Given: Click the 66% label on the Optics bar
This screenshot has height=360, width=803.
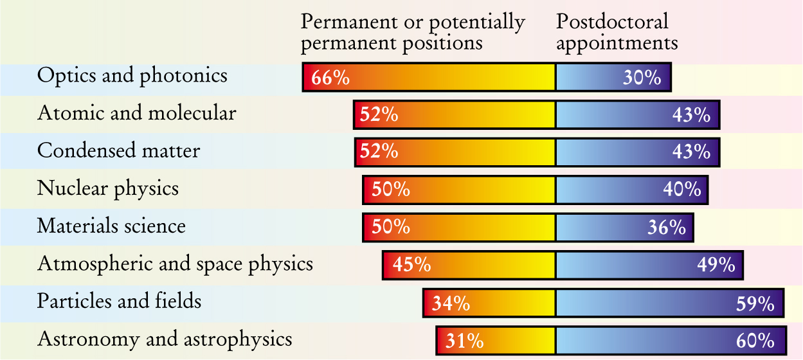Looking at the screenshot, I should click(330, 78).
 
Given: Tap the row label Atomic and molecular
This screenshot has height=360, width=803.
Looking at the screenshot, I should click(137, 114).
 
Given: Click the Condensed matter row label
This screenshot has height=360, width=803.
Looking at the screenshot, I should click(119, 151).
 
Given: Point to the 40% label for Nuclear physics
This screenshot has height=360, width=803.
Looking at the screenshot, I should click(683, 190).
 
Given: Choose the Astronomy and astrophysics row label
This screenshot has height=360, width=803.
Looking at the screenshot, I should click(165, 339).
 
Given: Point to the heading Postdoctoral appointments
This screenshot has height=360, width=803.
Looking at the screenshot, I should click(617, 32).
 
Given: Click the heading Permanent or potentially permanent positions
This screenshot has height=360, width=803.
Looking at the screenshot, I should click(413, 32).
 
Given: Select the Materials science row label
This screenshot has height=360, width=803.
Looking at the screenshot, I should click(112, 226).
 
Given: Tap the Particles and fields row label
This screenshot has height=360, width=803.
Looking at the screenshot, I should click(120, 301).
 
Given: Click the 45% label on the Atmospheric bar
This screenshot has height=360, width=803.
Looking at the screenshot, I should click(411, 265).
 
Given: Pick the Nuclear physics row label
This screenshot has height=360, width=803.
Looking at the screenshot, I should click(108, 189).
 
